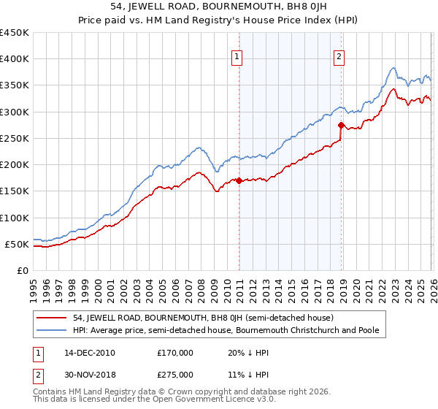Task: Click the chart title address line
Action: point(219,7)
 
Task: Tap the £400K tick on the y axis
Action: point(15,59)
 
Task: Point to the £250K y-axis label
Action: point(15,138)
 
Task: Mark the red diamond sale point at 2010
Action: point(239,180)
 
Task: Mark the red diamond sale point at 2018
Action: point(341,125)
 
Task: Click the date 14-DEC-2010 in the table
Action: point(85,352)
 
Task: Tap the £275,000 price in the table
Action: point(175,374)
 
